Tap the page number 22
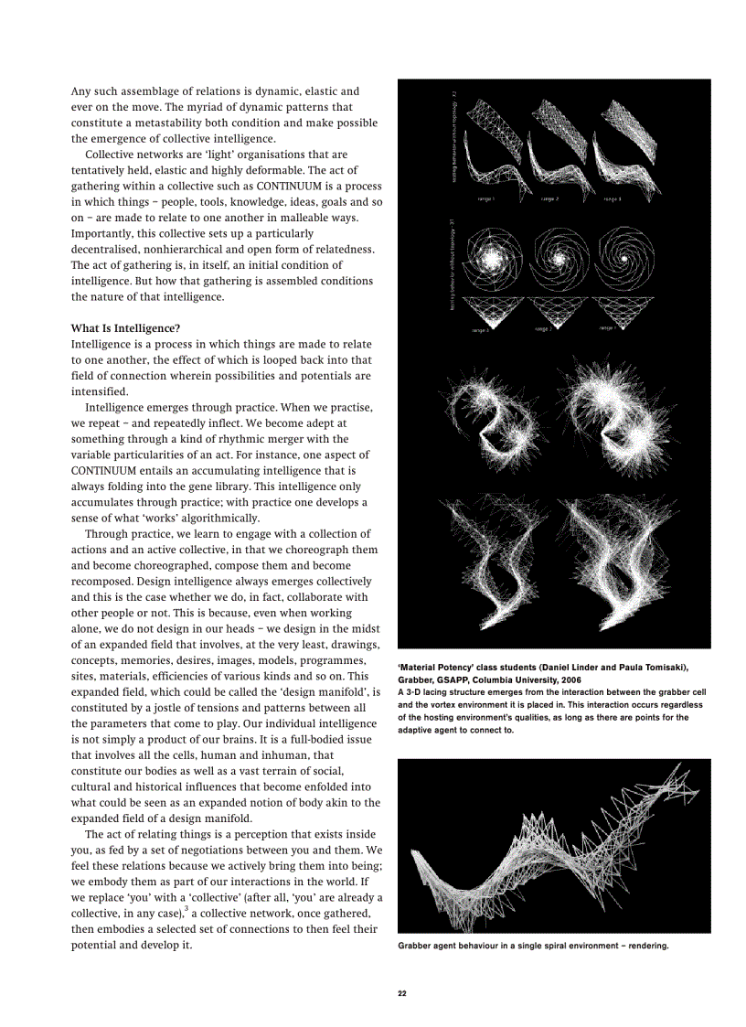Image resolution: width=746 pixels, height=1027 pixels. click(402, 993)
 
